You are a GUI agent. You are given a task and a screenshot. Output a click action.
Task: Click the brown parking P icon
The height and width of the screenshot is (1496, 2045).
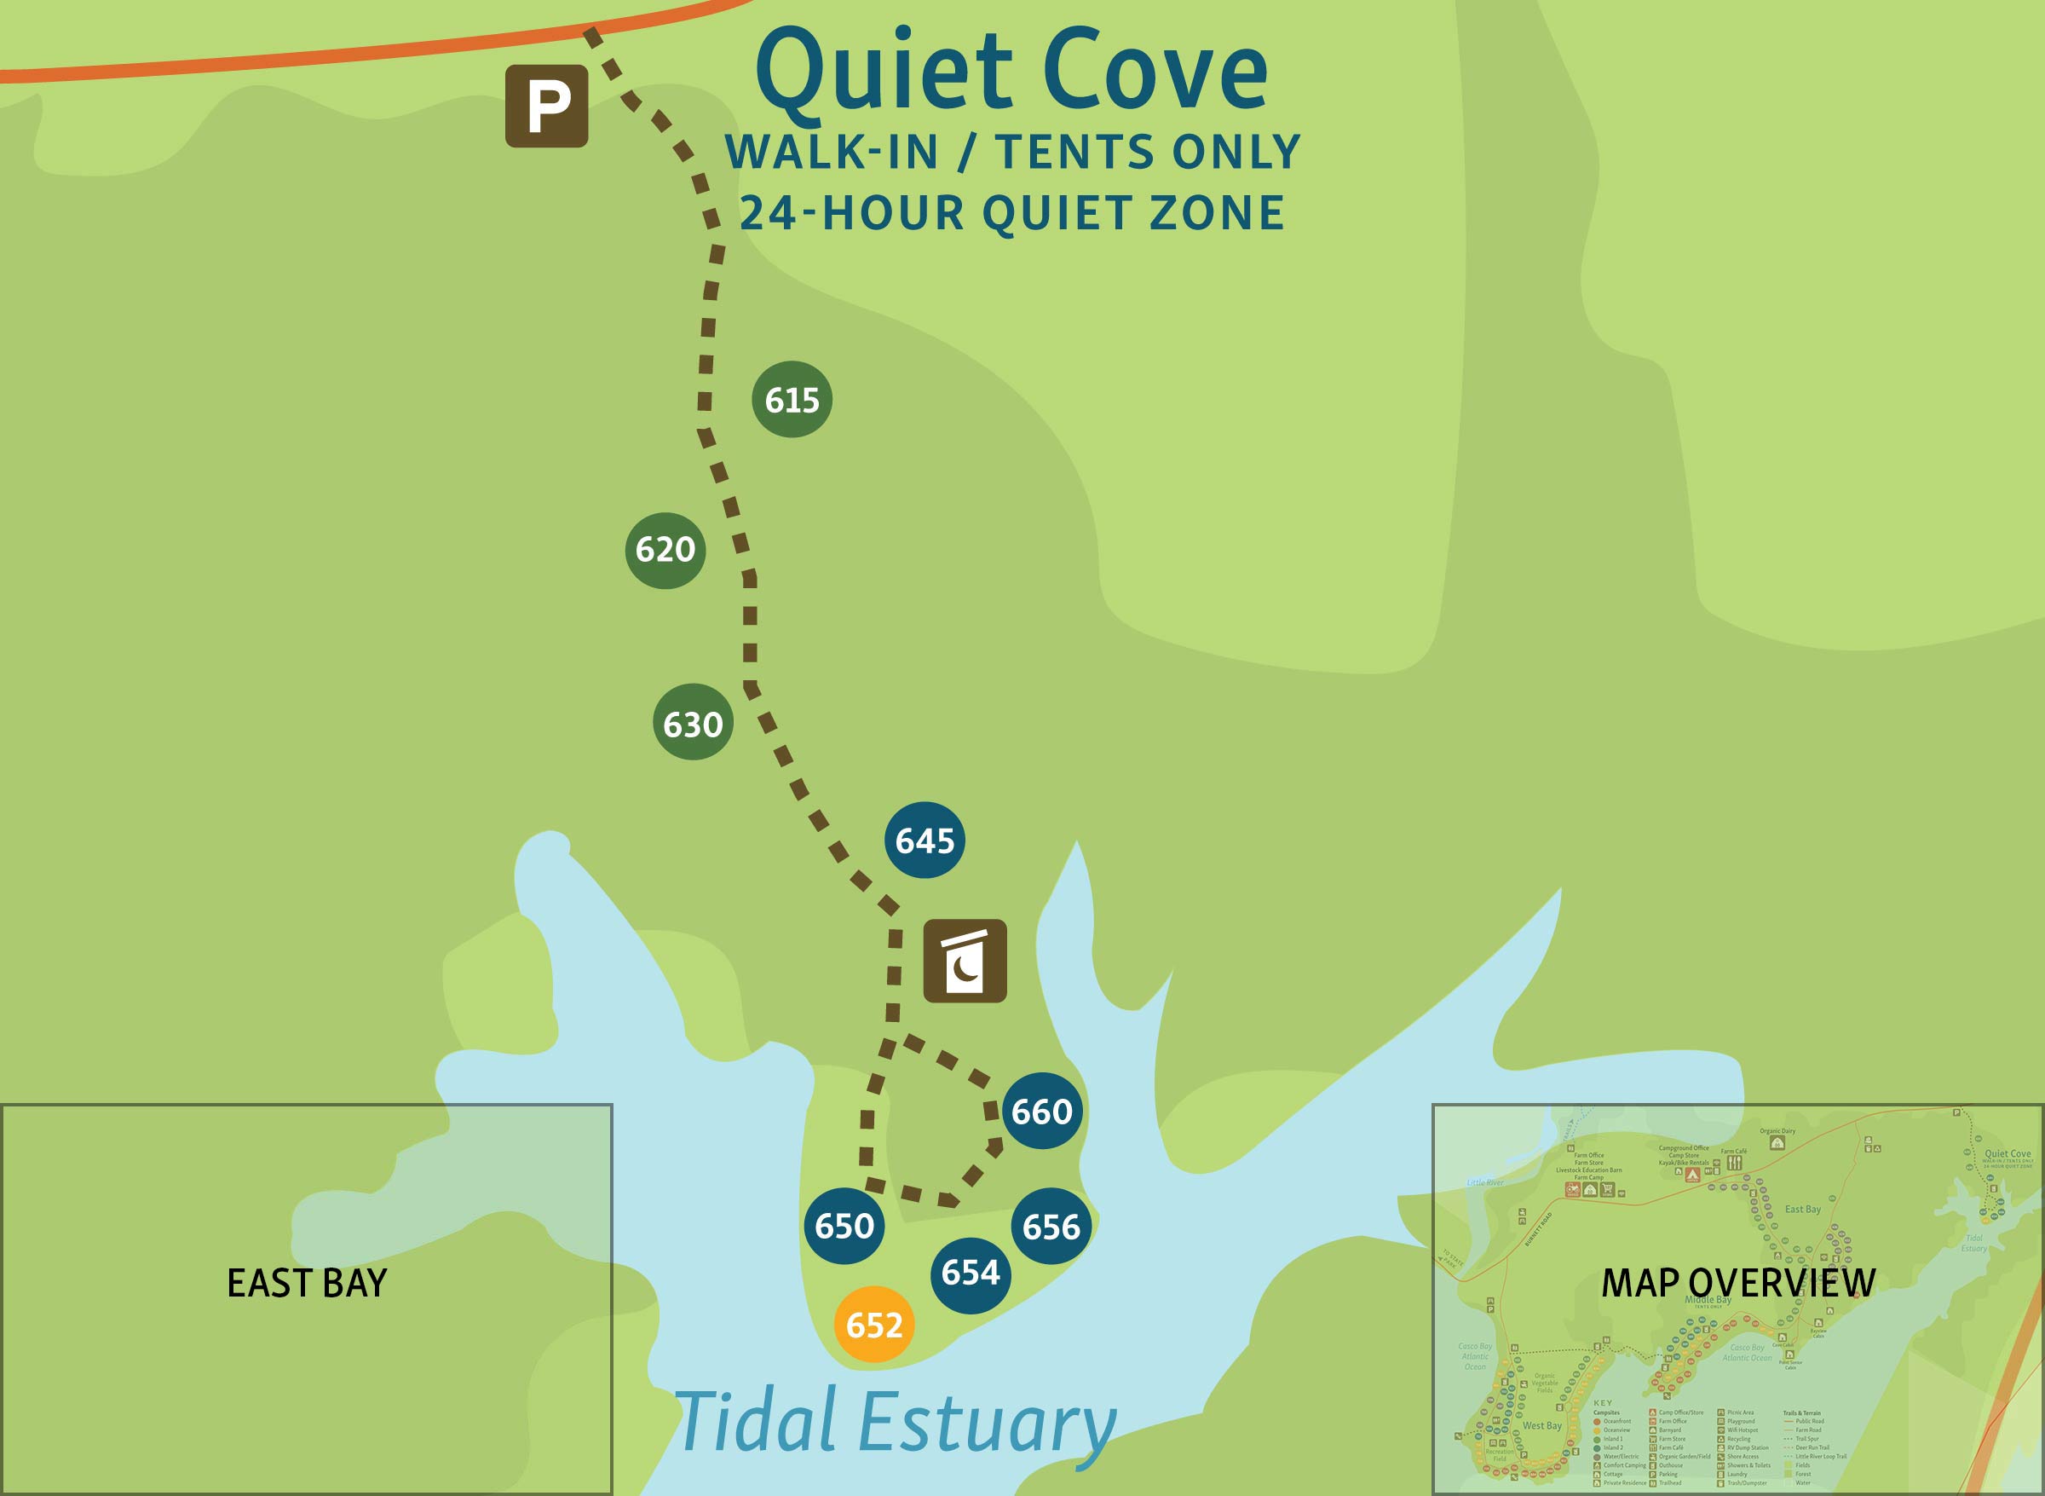pyautogui.click(x=546, y=106)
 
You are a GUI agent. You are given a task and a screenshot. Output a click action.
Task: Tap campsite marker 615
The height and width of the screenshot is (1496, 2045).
pyautogui.click(x=792, y=399)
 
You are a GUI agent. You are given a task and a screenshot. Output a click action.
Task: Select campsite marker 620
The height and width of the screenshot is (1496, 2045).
pyautogui.click(x=665, y=550)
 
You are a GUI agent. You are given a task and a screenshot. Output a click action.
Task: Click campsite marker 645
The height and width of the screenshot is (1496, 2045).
pyautogui.click(x=925, y=840)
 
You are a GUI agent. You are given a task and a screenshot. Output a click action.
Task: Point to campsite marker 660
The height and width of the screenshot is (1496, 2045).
pyautogui.click(x=1041, y=1112)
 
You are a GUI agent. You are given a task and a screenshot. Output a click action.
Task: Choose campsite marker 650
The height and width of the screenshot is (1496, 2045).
pyautogui.click(x=844, y=1226)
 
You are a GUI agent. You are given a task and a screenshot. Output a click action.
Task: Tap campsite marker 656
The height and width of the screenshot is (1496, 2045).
pyautogui.click(x=1050, y=1227)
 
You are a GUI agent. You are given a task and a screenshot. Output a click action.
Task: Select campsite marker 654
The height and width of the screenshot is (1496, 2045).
pyautogui.click(x=970, y=1274)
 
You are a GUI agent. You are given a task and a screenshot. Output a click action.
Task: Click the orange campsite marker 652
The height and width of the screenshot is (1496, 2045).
pyautogui.click(x=873, y=1325)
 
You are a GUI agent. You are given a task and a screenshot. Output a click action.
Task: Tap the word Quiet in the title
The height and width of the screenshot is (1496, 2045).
pyautogui.click(x=884, y=74)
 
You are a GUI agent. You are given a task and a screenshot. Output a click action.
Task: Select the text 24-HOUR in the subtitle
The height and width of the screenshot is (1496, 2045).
pyautogui.click(x=852, y=214)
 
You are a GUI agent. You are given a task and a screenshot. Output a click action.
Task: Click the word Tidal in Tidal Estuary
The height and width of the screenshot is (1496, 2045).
pyautogui.click(x=756, y=1422)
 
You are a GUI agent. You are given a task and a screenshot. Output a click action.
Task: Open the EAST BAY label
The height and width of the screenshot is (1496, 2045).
pyautogui.click(x=307, y=1283)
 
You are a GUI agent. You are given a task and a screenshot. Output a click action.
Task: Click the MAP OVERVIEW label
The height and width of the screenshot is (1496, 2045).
pyautogui.click(x=1738, y=1282)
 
